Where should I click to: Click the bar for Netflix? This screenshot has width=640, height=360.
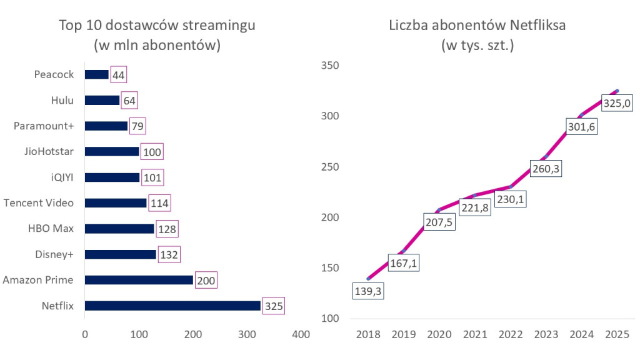(x=172, y=306)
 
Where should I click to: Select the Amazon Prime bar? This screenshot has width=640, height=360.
(x=138, y=280)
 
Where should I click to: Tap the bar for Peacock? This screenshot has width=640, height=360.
(x=96, y=74)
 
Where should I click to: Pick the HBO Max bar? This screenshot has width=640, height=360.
(x=119, y=229)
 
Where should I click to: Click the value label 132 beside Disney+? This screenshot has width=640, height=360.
(x=169, y=254)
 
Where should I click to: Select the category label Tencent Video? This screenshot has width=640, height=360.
(x=39, y=203)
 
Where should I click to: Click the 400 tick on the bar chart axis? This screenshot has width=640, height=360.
(x=301, y=335)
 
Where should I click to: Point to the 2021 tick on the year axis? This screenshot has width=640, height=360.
(x=475, y=335)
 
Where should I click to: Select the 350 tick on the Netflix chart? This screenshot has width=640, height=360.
(x=329, y=66)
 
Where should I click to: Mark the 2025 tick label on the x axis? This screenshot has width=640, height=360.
(x=617, y=335)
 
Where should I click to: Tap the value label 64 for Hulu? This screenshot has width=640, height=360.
(x=130, y=100)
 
